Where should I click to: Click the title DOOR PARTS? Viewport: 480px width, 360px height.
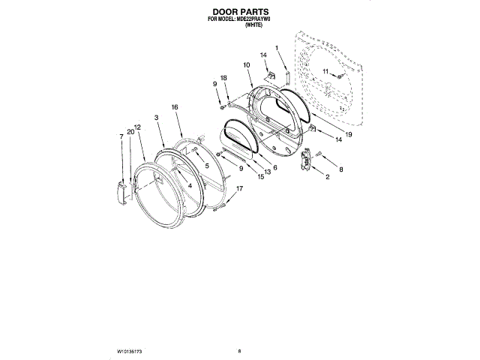point(239,12)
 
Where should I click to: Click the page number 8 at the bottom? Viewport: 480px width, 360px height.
point(239,351)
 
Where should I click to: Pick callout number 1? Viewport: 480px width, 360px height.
point(277,49)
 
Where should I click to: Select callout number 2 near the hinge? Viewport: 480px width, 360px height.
point(327,177)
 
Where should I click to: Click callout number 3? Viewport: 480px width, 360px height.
point(156,118)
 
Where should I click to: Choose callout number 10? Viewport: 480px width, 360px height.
point(246,65)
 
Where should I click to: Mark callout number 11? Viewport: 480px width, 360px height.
point(325,71)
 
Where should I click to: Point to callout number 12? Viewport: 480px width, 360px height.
point(138,127)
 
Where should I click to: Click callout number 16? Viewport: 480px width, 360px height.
point(175,107)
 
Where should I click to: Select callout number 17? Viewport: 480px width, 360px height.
point(240,188)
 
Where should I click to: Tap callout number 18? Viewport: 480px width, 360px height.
point(224,78)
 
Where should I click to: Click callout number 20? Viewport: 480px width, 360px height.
point(130,131)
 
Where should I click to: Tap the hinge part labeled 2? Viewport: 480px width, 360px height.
point(306,160)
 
